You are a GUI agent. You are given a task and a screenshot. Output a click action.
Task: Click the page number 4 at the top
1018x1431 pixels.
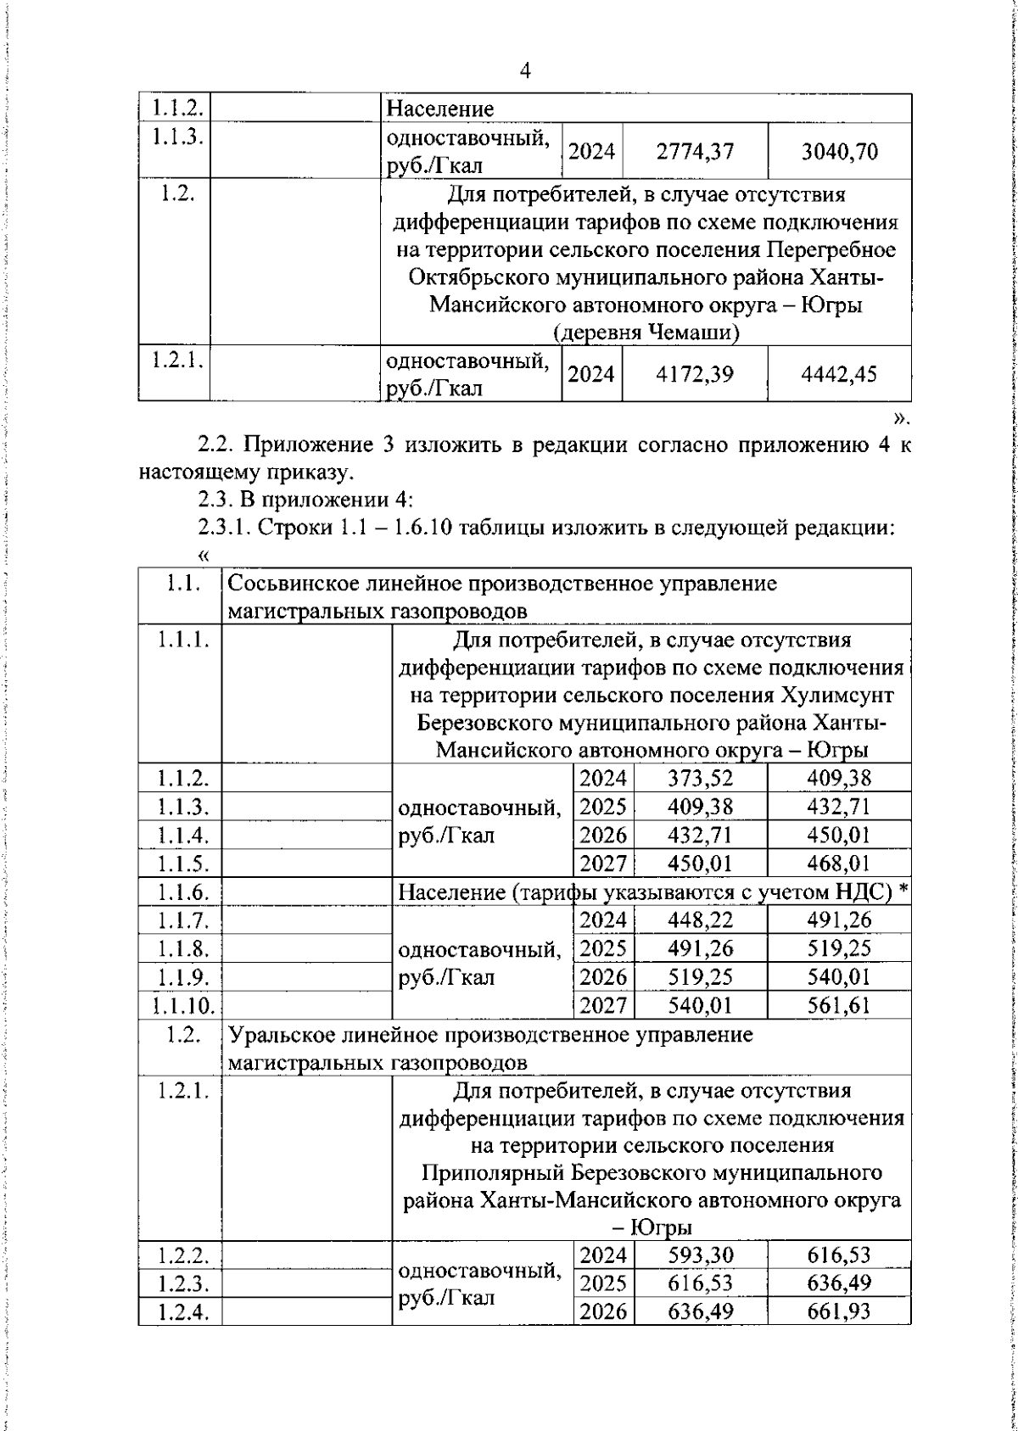pyautogui.click(x=524, y=71)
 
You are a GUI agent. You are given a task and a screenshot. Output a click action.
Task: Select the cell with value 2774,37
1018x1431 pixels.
pyautogui.click(x=695, y=152)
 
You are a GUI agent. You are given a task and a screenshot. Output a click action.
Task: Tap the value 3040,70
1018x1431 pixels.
pyautogui.click(x=839, y=152)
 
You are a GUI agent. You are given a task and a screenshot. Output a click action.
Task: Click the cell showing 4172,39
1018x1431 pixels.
pyautogui.click(x=695, y=373)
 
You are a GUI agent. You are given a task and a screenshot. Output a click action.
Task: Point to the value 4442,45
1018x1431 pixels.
pyautogui.click(x=839, y=373)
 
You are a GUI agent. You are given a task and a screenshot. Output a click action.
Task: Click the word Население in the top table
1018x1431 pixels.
pyautogui.click(x=439, y=109)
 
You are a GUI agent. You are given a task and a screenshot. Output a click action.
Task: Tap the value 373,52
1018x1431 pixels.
pyautogui.click(x=700, y=778)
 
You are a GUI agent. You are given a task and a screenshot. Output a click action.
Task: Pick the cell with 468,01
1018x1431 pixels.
pyautogui.click(x=838, y=864)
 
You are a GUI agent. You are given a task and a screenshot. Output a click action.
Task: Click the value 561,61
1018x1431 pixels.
pyautogui.click(x=838, y=1006)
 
